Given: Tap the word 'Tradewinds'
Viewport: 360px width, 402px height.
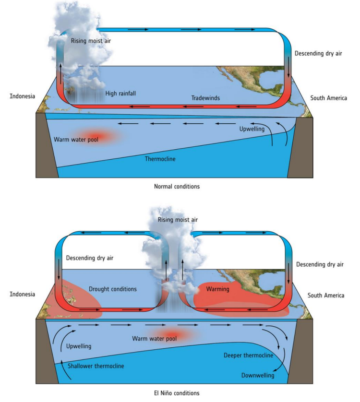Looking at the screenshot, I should click(x=205, y=98).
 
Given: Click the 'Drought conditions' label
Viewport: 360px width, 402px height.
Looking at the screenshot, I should click(x=113, y=289).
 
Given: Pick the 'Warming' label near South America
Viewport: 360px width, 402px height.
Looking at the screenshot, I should click(x=217, y=289).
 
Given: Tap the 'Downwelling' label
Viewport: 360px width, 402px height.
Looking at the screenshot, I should click(x=258, y=375).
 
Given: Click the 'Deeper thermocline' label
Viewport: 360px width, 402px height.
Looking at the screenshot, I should click(x=248, y=355).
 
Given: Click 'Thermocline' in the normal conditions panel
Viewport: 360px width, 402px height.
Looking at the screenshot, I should click(x=160, y=159).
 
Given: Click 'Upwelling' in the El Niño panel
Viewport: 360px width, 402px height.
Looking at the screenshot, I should click(x=79, y=345).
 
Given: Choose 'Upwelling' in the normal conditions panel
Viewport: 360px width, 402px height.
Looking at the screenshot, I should click(x=252, y=129).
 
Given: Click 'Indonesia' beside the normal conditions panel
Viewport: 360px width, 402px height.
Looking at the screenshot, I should click(x=23, y=96).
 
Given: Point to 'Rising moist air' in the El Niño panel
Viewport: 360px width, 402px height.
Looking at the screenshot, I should click(x=178, y=220).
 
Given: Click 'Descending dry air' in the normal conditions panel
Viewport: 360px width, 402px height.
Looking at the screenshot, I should click(x=318, y=53).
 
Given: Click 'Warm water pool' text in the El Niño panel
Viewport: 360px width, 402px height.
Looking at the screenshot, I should click(x=155, y=339).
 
